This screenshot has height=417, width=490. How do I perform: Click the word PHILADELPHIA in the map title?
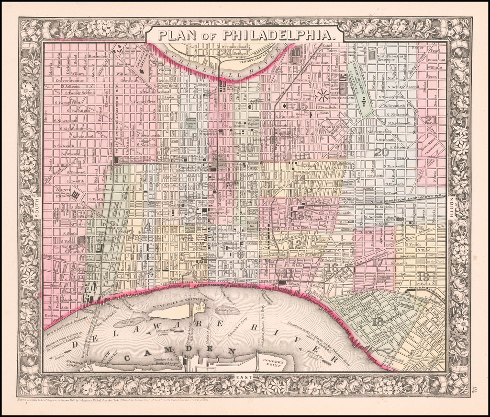(x=276, y=35)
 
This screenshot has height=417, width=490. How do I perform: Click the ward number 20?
(x=381, y=152)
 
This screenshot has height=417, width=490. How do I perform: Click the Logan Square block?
(x=254, y=122)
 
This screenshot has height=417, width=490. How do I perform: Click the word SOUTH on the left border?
(x=37, y=223)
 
